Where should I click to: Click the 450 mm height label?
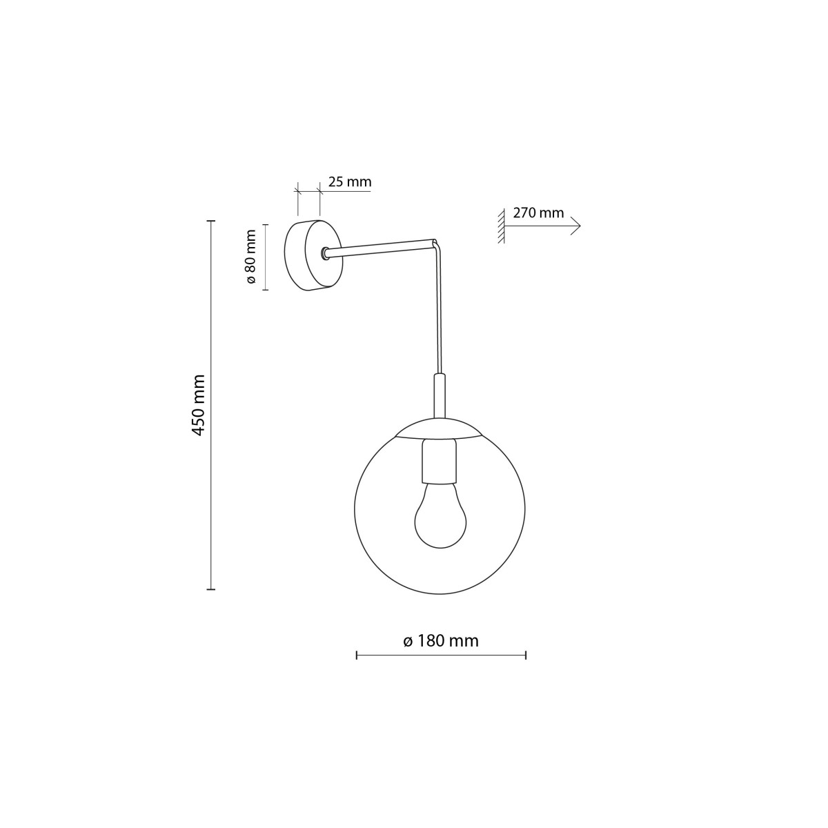[x=199, y=405]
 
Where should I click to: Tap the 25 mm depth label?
[x=349, y=182]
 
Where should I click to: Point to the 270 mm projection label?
[x=538, y=213]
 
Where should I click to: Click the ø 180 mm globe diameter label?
[x=441, y=641]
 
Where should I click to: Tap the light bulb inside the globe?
[x=440, y=515]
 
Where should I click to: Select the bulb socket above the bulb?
[x=440, y=462]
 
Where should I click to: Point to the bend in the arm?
[x=435, y=243]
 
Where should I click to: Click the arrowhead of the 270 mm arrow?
[x=577, y=226]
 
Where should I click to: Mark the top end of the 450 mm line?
[x=211, y=221]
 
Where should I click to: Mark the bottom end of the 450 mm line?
[x=211, y=589]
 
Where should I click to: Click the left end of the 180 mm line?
[x=356, y=655]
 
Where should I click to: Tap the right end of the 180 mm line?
[x=526, y=655]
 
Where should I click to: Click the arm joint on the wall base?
[x=324, y=254]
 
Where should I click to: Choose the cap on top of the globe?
[x=440, y=428]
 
